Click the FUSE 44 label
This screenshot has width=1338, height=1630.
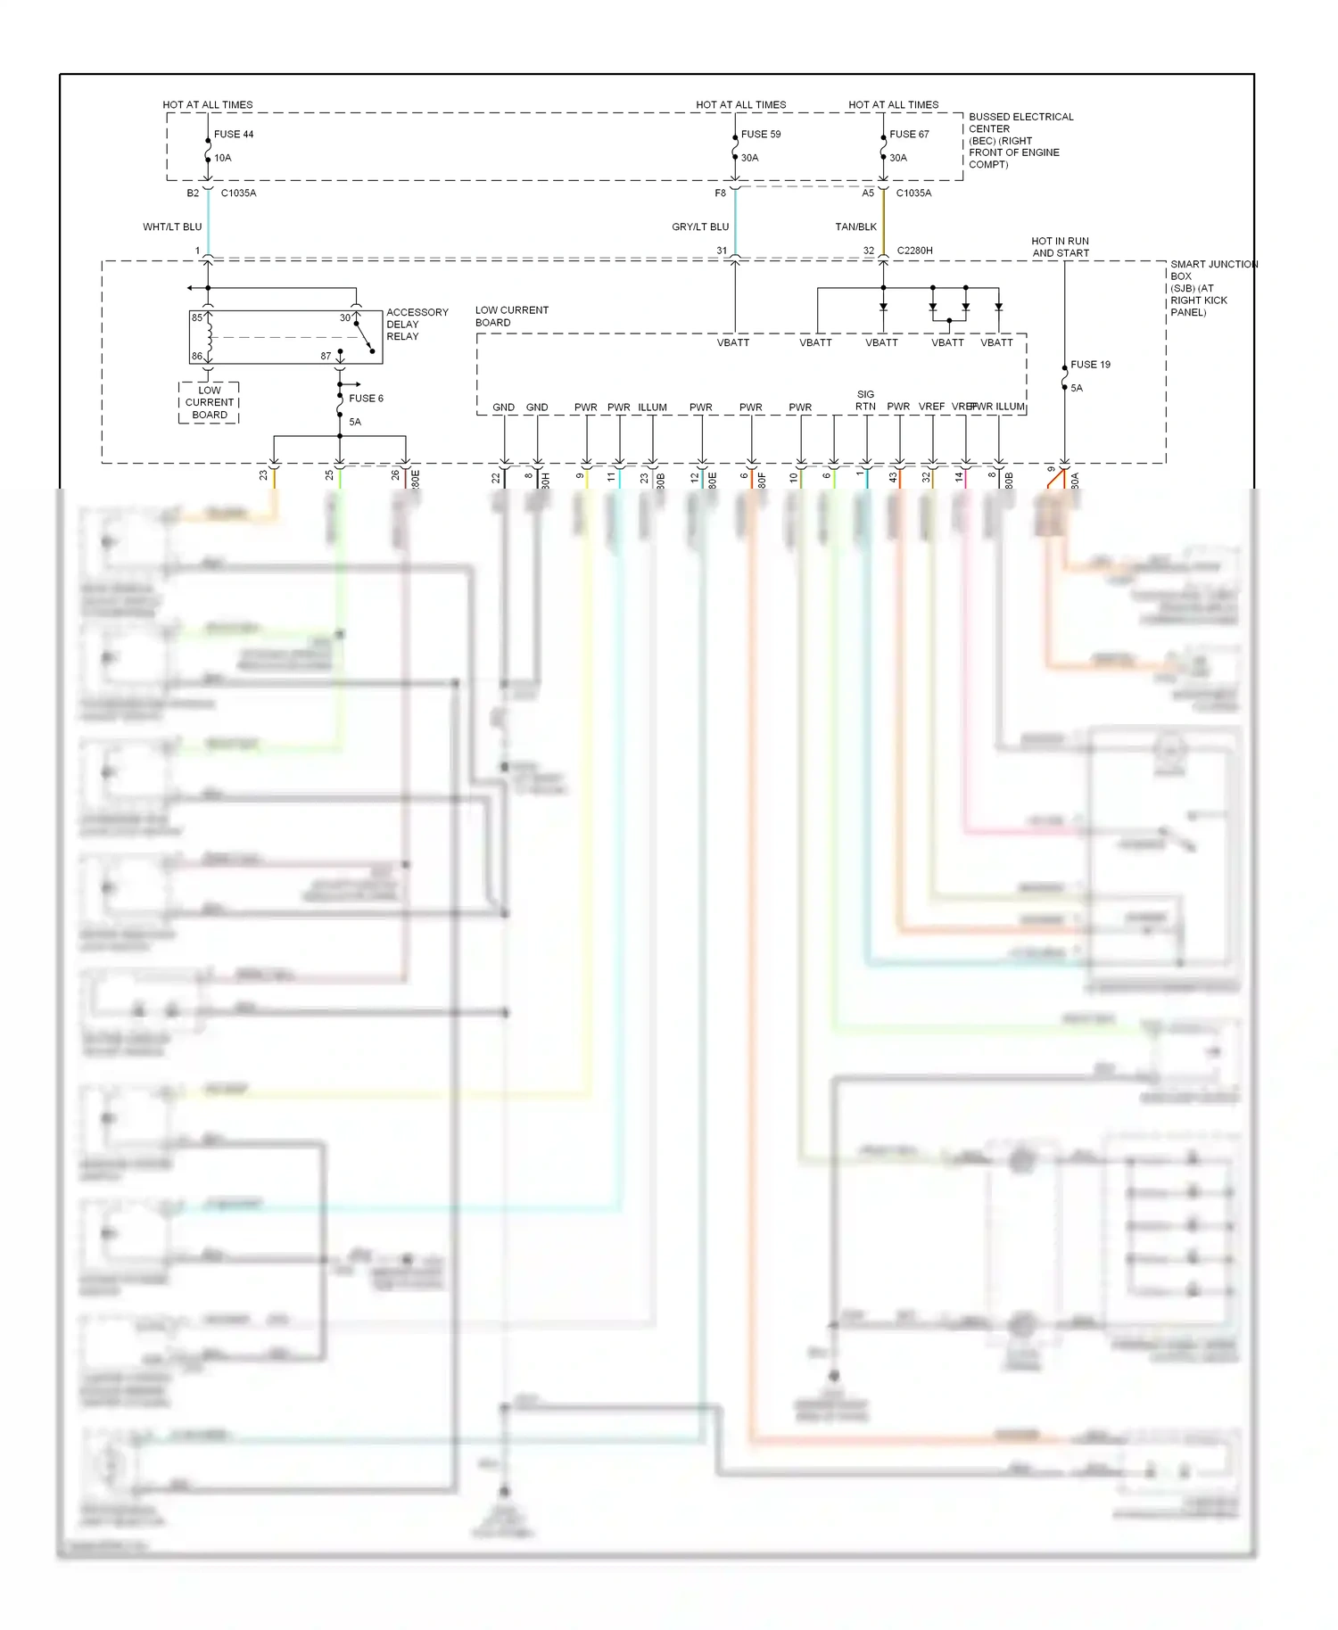click(x=234, y=135)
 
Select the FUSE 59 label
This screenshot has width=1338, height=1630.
click(x=761, y=135)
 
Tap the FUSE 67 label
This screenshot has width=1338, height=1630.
click(x=909, y=135)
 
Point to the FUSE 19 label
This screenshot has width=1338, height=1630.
click(x=1090, y=365)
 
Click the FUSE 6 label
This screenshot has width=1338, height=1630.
click(x=366, y=399)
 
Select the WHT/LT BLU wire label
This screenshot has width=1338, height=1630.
click(x=172, y=227)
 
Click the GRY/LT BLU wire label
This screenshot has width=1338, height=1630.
click(x=700, y=227)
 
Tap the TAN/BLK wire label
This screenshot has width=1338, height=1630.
click(x=855, y=227)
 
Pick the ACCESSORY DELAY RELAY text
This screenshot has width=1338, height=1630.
click(x=417, y=325)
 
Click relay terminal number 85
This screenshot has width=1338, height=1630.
click(x=197, y=318)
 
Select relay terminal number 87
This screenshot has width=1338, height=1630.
click(x=326, y=357)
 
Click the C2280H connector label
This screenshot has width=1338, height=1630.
click(x=914, y=251)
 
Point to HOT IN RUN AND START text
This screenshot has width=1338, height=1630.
click(x=1060, y=247)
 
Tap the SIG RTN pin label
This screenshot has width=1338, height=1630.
click(x=865, y=400)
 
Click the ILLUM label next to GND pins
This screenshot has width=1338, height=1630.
click(x=652, y=407)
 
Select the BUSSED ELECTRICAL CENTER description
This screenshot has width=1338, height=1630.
click(x=1020, y=140)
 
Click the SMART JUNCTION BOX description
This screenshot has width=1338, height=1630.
click(x=1211, y=288)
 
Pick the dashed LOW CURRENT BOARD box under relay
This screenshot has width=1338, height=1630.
click(x=210, y=402)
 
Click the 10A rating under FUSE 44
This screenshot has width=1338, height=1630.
click(x=223, y=158)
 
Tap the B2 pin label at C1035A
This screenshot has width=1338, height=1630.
click(x=193, y=193)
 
